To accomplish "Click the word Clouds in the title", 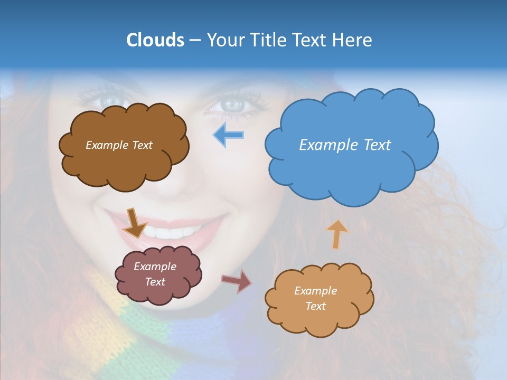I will [155, 40].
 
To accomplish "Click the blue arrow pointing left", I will [229, 135].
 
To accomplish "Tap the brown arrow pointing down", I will [135, 222].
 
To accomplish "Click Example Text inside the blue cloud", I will [345, 145].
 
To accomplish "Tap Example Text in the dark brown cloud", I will [119, 145].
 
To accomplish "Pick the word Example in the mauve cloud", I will [155, 267].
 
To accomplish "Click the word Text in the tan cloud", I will [315, 306].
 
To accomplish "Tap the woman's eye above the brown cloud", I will [109, 100].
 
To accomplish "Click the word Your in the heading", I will [223, 40].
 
